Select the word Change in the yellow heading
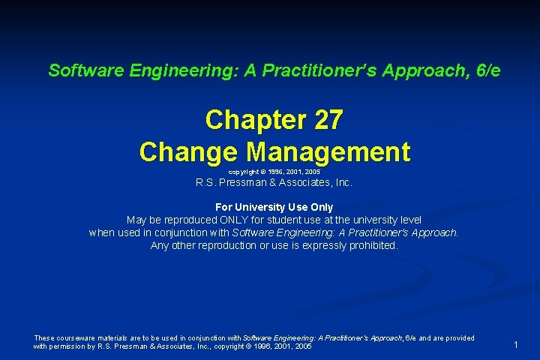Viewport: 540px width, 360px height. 188,151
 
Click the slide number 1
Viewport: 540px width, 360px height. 516,344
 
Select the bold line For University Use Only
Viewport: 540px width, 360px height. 274,207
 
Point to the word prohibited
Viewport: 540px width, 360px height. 372,245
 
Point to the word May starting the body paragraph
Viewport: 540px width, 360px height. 136,220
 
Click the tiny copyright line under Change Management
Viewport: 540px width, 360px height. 274,172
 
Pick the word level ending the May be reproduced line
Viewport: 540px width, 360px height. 408,220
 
